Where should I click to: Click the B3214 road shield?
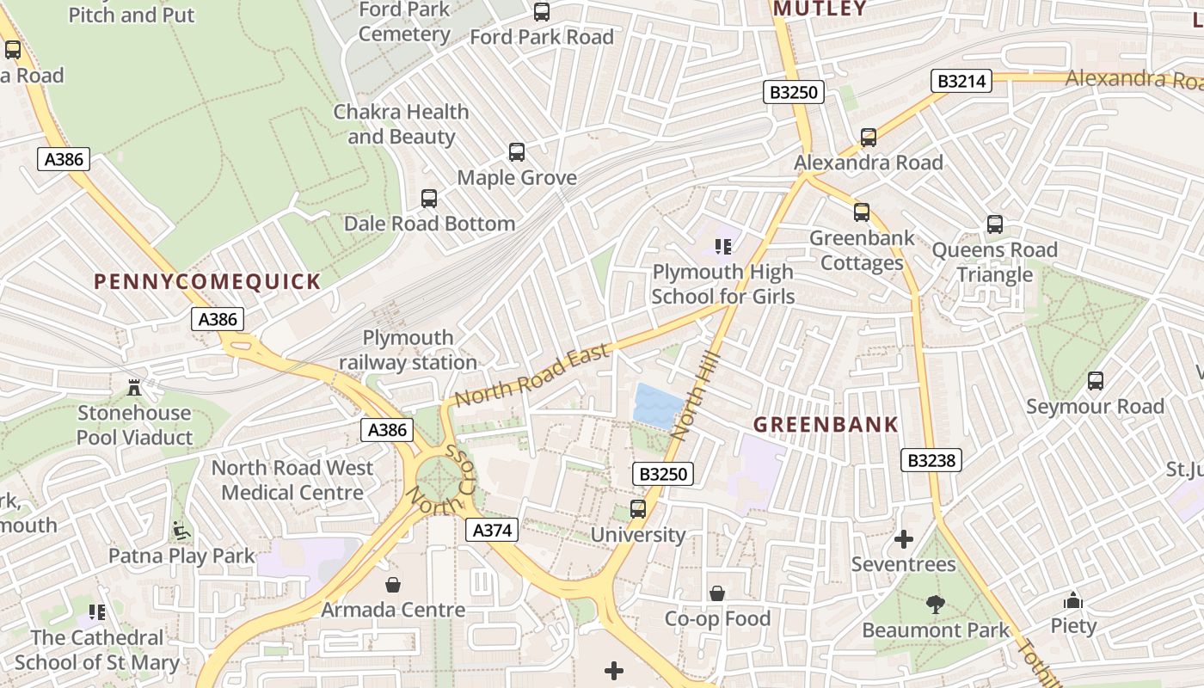point(961,81)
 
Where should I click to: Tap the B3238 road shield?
point(931,460)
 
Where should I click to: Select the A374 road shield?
point(493,531)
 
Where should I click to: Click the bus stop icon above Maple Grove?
point(517,152)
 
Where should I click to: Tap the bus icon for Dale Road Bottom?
point(429,199)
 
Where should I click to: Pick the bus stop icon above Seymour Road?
point(1095,381)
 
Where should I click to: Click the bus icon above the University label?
point(637,509)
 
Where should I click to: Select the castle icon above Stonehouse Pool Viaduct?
point(134,387)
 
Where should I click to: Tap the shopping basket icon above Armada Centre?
point(393,585)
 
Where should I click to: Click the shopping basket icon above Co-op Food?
point(716,593)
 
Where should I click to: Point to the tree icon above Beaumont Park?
point(935,605)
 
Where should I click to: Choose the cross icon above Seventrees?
point(903,539)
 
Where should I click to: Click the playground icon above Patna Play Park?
point(181,531)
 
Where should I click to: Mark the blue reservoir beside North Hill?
point(658,405)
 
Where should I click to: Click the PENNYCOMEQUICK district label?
point(207,281)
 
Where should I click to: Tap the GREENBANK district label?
point(826,424)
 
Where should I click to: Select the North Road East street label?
point(532,375)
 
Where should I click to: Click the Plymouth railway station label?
point(408,350)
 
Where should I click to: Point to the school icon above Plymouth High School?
point(722,247)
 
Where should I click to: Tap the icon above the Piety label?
point(1072,600)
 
